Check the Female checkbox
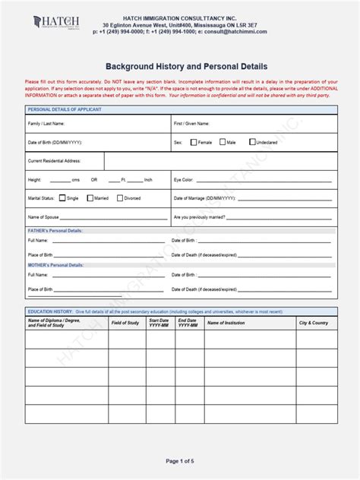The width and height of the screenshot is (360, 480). [194, 142]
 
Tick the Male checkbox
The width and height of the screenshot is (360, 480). [223, 142]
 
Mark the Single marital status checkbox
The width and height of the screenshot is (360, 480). [62, 198]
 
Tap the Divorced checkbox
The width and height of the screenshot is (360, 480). [120, 198]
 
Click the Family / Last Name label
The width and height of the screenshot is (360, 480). [46, 123]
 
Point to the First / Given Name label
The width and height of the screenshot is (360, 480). [191, 123]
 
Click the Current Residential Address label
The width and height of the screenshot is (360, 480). [54, 161]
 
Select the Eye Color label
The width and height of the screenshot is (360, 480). [184, 180]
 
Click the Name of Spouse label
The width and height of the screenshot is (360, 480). [44, 217]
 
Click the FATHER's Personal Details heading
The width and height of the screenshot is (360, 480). [55, 230]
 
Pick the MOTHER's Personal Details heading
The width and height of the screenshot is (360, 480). [55, 265]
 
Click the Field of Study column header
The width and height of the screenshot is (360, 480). [125, 323]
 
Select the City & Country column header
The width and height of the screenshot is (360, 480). [313, 323]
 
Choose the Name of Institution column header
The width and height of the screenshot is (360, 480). [226, 323]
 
